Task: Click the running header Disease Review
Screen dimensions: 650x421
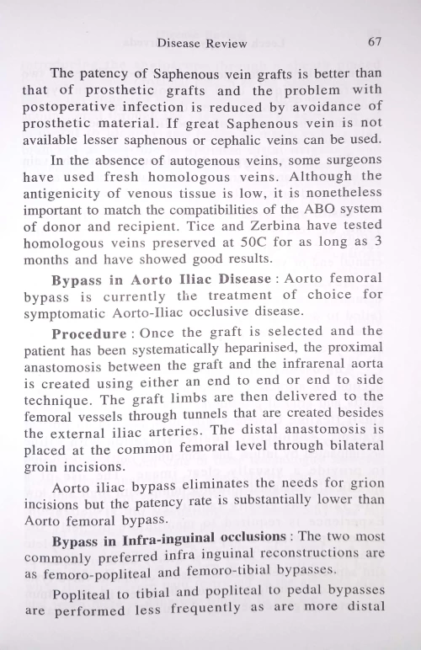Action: pos(202,43)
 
